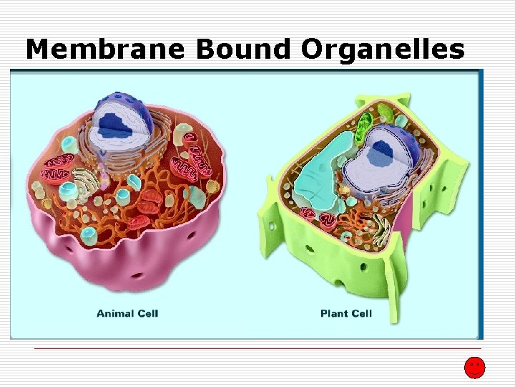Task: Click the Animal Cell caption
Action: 127,312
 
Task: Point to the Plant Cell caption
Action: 346,313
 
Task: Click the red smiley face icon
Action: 474,368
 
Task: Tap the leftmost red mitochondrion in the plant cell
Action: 310,213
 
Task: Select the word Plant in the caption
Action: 334,313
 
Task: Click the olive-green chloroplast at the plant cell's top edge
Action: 387,113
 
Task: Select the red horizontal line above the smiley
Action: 257,349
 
